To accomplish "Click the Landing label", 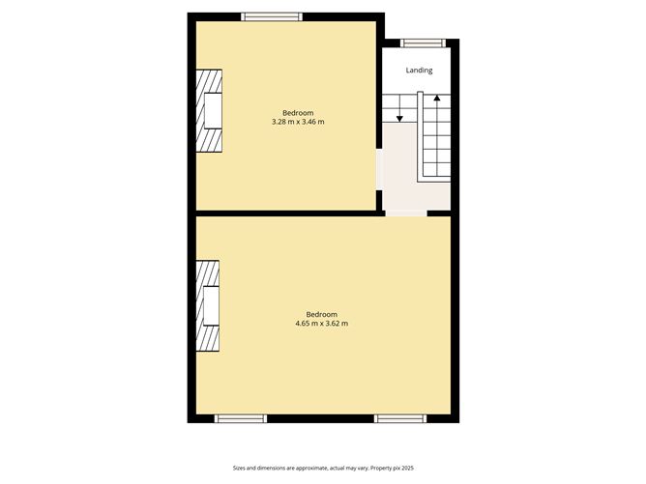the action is [419, 71].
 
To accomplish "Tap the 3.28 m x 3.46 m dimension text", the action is [298, 122].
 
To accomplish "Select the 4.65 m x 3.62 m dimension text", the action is [321, 324].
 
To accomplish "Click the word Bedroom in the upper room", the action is [298, 113].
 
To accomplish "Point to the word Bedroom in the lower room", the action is [321, 314].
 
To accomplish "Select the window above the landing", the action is [424, 43].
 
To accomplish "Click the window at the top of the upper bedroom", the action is [272, 16].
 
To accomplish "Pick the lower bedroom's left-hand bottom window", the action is [241, 418].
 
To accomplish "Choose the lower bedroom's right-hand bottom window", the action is [400, 418].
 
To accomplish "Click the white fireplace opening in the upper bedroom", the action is [213, 111].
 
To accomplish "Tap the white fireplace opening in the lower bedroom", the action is [212, 305].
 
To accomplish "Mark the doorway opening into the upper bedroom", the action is [379, 169].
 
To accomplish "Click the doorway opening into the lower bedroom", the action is [406, 214].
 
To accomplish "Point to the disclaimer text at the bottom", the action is [323, 468].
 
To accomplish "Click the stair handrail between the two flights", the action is [420, 136].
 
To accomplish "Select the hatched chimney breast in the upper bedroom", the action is [209, 111].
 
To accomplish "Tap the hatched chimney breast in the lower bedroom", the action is [207, 305].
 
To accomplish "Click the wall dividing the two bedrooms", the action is [286, 214].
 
